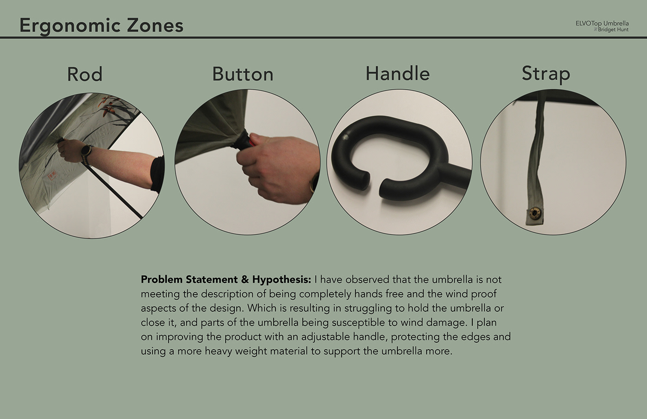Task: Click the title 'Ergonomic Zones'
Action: tap(101, 26)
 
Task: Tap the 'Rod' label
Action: tap(85, 74)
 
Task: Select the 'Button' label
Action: tap(243, 74)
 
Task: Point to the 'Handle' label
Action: tap(397, 73)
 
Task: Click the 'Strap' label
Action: tap(546, 74)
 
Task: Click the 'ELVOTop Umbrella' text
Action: tap(602, 24)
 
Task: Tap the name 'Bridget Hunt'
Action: tap(613, 30)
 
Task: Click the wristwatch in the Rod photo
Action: tap(86, 151)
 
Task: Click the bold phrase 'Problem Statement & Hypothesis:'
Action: tap(226, 279)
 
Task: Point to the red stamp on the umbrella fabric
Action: tap(53, 175)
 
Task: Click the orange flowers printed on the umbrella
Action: tap(108, 106)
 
